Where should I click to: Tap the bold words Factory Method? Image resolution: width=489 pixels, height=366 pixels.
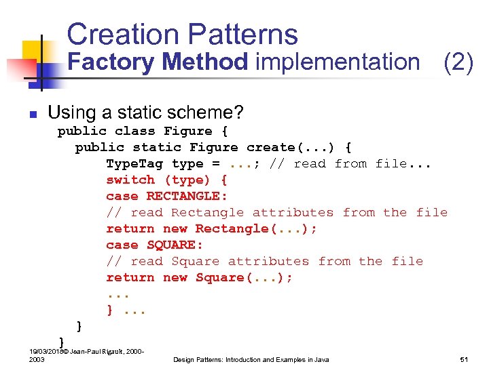(158, 62)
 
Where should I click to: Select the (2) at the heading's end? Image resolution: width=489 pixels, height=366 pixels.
(458, 62)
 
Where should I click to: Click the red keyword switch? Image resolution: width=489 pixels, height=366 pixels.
(130, 180)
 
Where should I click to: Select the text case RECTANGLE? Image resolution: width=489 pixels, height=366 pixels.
(166, 196)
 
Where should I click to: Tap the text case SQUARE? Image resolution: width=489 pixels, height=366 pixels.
(154, 245)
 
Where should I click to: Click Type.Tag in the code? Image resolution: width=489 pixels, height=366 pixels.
(134, 163)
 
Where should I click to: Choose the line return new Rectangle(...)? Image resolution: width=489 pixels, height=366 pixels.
(211, 228)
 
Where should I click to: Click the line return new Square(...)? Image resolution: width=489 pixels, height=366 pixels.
(199, 277)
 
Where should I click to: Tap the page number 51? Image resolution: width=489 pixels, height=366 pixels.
(465, 359)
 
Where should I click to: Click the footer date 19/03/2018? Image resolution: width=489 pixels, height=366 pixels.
(43, 351)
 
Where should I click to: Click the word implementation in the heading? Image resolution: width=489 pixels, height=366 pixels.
(338, 62)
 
